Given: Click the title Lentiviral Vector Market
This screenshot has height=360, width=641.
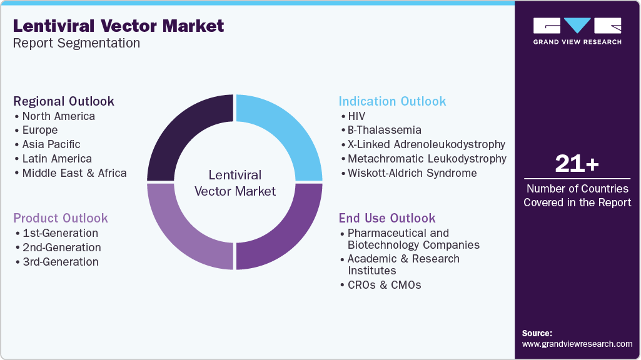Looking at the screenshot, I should [x=118, y=26].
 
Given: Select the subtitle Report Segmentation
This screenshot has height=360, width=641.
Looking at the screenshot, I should [x=76, y=43].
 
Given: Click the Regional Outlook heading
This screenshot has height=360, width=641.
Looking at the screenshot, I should [x=64, y=101].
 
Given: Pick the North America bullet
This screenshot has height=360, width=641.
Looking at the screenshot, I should [x=58, y=116].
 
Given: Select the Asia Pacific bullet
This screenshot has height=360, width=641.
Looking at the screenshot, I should [x=51, y=144].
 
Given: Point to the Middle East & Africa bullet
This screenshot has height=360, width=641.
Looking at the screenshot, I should [x=74, y=173].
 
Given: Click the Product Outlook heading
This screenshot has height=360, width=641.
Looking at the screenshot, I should [x=61, y=218].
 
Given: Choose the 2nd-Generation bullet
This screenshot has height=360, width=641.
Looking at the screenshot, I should [x=61, y=247].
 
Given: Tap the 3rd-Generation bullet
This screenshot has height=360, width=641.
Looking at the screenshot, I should [x=61, y=262].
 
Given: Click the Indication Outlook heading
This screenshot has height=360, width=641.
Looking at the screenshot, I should [x=392, y=101].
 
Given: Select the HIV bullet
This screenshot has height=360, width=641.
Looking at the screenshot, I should [x=356, y=116].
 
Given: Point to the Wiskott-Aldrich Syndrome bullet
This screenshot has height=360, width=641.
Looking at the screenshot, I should [x=412, y=173].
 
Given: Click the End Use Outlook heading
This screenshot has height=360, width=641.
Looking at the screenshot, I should [x=387, y=218].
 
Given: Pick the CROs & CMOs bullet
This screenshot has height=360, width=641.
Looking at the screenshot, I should [x=384, y=285].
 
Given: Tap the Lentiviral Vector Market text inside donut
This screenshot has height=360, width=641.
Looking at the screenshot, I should [x=235, y=183].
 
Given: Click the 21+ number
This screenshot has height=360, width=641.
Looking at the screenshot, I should [x=577, y=164].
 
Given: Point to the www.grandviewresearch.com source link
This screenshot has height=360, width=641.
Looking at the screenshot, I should [x=577, y=344].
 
